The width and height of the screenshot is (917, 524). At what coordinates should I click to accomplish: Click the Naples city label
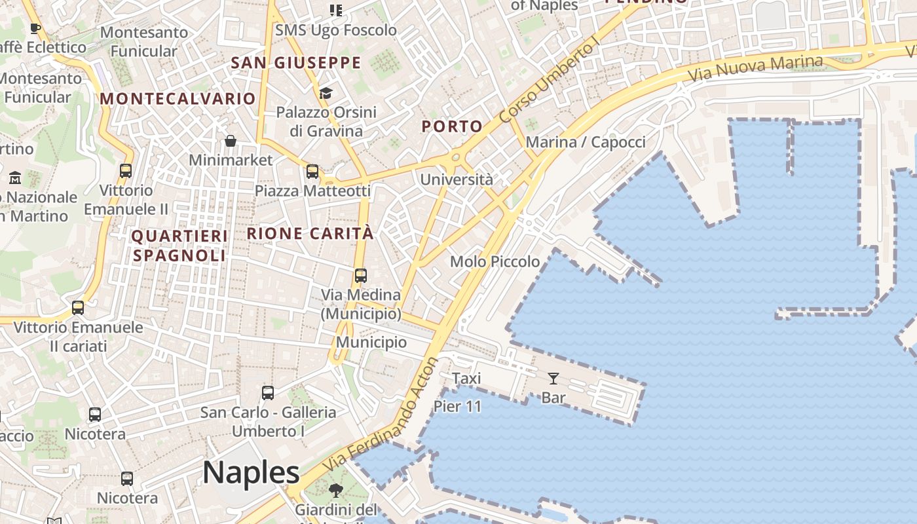point(251,472)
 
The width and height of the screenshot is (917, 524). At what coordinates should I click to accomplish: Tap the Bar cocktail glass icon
point(553,379)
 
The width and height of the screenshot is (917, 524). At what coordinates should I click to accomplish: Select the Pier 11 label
point(457,406)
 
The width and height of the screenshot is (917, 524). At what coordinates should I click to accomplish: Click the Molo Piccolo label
point(495,261)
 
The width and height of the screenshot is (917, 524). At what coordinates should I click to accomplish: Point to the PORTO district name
point(452,126)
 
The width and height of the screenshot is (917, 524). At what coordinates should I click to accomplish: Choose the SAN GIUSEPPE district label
point(296,63)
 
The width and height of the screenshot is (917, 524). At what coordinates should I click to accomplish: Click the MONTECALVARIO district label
point(178,99)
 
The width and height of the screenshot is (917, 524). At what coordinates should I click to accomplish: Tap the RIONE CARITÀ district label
point(310,233)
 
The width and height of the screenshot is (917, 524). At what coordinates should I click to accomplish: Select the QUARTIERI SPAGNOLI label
point(179,246)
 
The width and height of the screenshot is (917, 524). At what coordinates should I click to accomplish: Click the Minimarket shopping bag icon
point(231,141)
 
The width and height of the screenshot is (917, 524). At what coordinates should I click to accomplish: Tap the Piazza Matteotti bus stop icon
point(312,172)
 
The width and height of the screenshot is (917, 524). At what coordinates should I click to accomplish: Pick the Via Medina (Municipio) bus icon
point(360,276)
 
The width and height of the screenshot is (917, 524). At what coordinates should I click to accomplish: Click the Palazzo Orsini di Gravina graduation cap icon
point(326,93)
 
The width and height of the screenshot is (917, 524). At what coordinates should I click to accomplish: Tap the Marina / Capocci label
point(586,142)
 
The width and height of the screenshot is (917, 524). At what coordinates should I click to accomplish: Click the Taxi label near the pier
point(466,378)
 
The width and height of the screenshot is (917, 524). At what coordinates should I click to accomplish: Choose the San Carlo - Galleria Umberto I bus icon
point(267,393)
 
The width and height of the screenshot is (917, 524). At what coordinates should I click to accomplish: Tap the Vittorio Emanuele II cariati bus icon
point(78,308)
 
